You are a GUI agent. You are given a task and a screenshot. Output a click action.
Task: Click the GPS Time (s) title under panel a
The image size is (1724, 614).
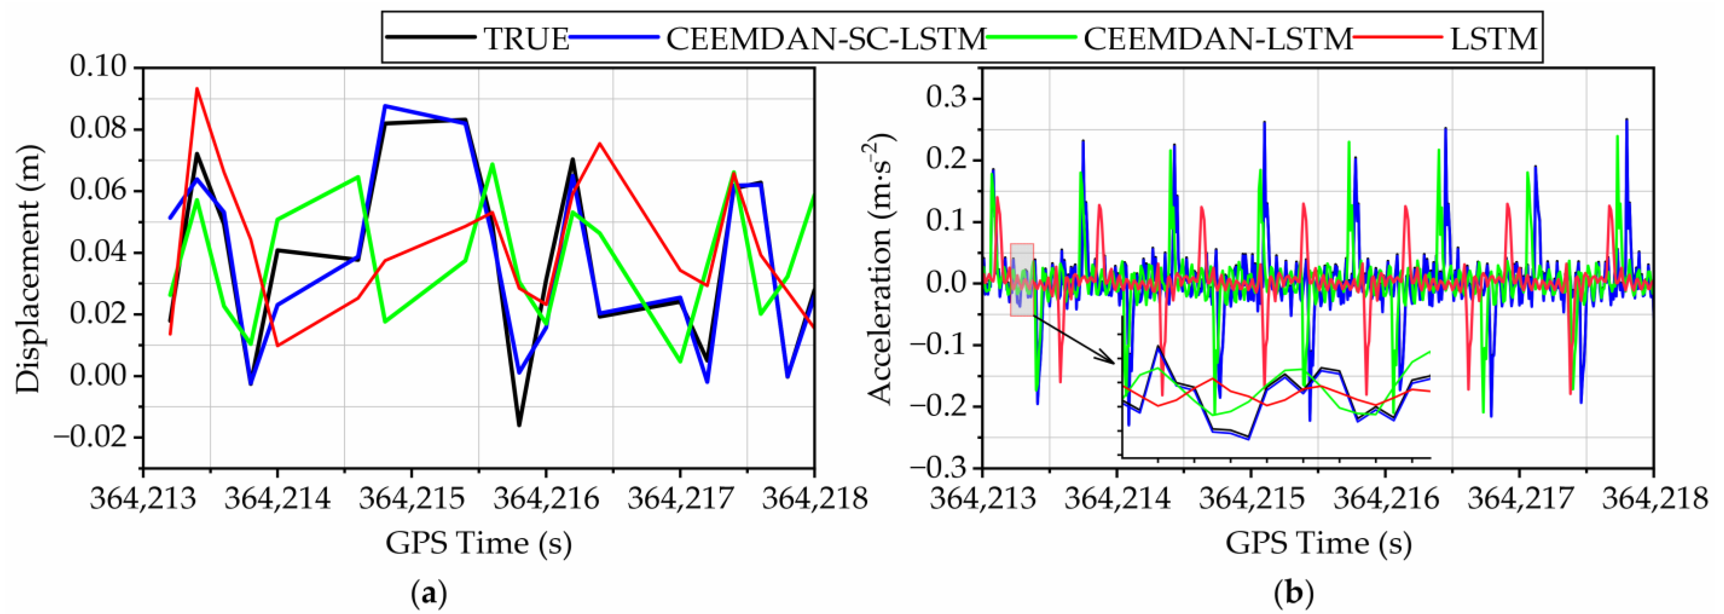coord(479,542)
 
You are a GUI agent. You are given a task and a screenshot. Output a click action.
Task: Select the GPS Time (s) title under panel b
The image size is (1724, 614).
coord(1318,542)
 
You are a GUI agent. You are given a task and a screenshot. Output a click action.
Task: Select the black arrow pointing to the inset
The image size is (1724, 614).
coord(1074,338)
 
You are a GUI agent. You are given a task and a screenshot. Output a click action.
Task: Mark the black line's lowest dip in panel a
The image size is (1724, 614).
coord(519,425)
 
